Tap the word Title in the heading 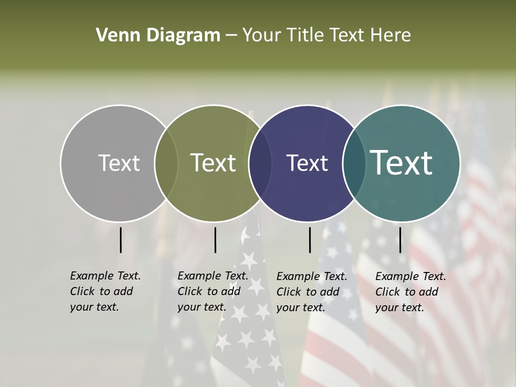coord(305,35)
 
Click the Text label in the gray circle coord(119,163)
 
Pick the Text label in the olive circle coord(213,163)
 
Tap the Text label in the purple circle coord(307,163)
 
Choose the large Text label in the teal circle coord(402,163)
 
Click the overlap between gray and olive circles coord(166,163)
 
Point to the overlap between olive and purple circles coord(260,163)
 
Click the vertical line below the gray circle coord(121,240)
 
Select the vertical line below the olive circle coord(215,240)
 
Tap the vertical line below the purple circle coord(310,240)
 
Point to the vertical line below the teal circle coord(400,240)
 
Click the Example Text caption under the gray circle coord(105,291)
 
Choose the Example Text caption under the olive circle coord(212,291)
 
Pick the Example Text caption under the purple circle coord(311,292)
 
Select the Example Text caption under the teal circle coord(410,292)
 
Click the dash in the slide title coord(231,36)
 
